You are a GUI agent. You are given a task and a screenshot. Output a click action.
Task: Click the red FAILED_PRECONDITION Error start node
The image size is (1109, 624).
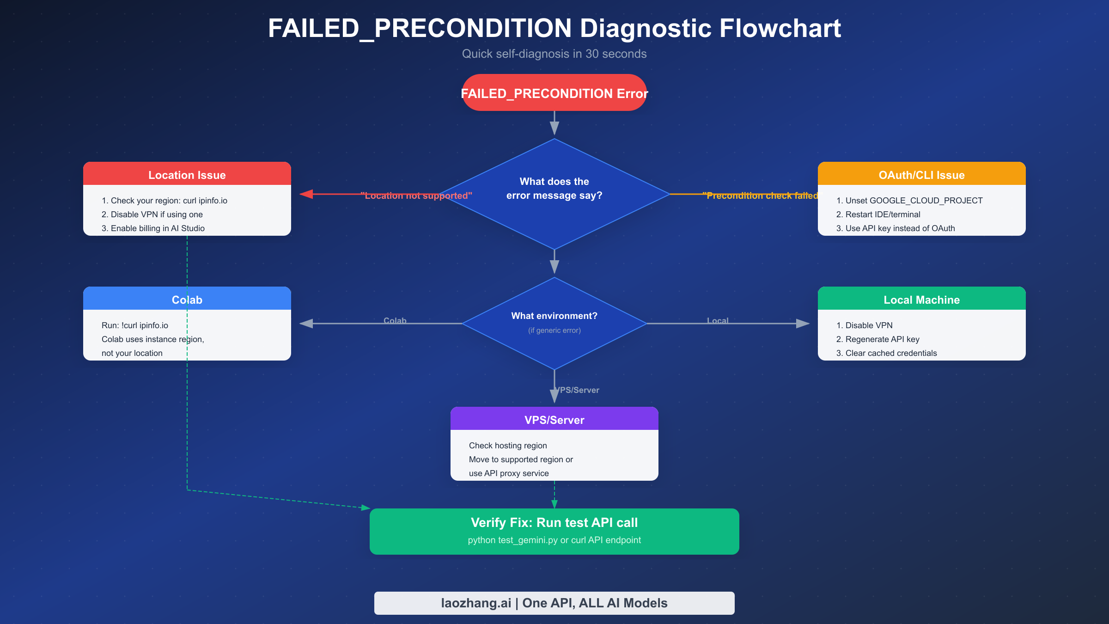(x=554, y=93)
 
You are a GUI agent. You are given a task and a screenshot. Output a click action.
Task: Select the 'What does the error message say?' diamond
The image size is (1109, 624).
(x=554, y=189)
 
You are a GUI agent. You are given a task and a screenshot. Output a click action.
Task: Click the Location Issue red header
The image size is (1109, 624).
(x=187, y=175)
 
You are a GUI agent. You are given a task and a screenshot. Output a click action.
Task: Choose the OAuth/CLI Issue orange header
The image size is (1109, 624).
(x=921, y=175)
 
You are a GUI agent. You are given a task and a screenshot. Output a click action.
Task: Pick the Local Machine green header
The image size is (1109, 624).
(x=921, y=300)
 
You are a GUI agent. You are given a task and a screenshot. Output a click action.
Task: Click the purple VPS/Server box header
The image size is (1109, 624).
(x=554, y=420)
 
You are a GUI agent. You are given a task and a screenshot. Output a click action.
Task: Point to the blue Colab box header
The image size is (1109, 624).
(x=187, y=300)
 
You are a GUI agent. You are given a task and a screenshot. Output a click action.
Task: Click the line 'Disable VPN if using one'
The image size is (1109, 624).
(x=152, y=214)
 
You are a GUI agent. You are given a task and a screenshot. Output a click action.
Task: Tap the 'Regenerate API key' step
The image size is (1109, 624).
(x=877, y=339)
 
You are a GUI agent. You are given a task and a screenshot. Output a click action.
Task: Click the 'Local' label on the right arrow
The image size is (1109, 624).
(x=717, y=320)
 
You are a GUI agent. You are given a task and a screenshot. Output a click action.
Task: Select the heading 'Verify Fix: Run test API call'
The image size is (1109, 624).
(x=554, y=522)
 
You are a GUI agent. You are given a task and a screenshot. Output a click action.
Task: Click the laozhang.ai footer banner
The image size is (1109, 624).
(x=554, y=603)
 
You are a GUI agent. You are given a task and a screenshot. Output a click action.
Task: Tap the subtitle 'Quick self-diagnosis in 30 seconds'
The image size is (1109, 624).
(x=554, y=54)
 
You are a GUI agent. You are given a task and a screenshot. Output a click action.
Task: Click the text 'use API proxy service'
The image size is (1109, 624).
(x=508, y=473)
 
